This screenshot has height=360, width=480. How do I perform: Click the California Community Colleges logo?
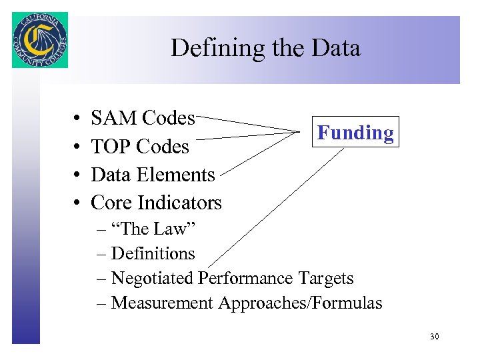40,40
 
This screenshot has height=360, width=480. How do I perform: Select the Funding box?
355,132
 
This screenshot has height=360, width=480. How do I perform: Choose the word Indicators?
179,203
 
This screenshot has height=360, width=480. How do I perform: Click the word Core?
111,203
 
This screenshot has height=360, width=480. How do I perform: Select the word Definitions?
153,254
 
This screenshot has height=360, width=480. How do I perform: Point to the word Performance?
245,279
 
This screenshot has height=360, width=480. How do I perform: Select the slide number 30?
434,337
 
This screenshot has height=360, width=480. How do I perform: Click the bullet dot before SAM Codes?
77,119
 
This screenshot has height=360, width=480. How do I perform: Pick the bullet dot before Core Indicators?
77,203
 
